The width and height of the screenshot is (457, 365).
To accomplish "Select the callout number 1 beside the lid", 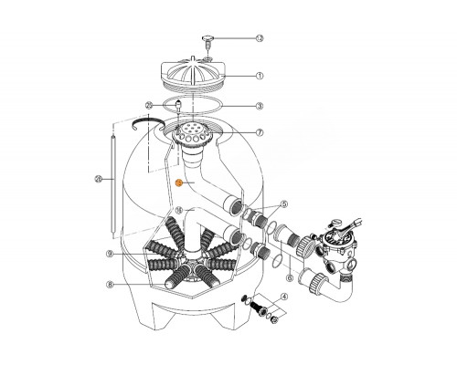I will pyautogui.click(x=259, y=77).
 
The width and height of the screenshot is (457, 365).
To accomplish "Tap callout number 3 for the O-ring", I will pyautogui.click(x=259, y=105).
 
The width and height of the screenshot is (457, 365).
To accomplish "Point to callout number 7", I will pyautogui.click(x=259, y=132).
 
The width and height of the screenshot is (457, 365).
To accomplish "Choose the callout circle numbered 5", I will pyautogui.click(x=284, y=205).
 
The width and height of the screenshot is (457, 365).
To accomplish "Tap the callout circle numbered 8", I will pyautogui.click(x=108, y=284).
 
